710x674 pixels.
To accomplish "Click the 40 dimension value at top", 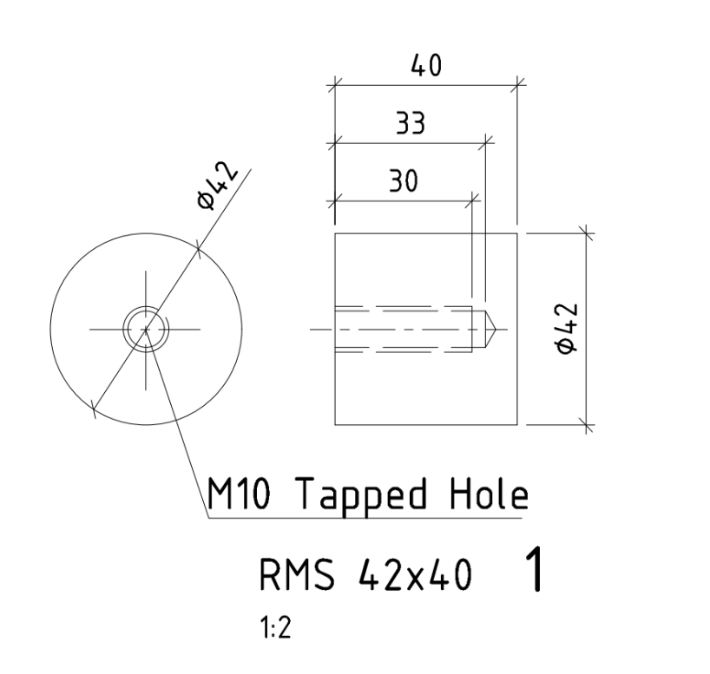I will click(424, 67).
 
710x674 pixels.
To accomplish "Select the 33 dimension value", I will click(411, 124).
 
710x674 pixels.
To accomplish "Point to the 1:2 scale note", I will click(275, 629).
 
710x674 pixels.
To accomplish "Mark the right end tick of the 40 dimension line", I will click(517, 84).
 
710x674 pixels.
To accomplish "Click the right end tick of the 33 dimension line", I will click(485, 141).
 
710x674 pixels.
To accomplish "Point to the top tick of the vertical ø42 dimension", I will click(584, 232).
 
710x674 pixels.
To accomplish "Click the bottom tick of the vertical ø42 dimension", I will click(584, 425).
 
